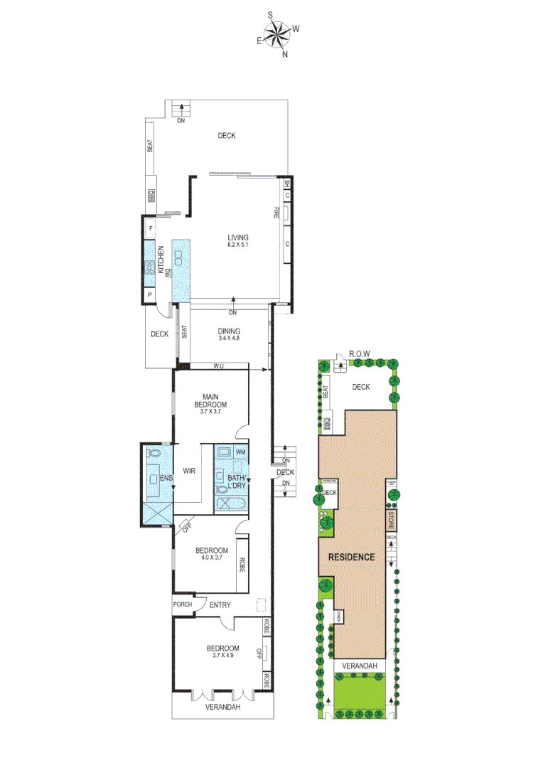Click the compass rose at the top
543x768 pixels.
278,33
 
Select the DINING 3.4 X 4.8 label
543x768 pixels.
229,334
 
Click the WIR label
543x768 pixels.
189,471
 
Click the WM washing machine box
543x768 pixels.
240,452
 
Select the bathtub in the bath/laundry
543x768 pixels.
231,504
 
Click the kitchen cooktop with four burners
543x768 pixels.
150,268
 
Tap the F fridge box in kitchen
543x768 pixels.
150,228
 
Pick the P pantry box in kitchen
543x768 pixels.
150,294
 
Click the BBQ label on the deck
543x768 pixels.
151,196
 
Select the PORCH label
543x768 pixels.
183,605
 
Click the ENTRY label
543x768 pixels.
220,605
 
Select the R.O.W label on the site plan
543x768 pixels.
357,353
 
